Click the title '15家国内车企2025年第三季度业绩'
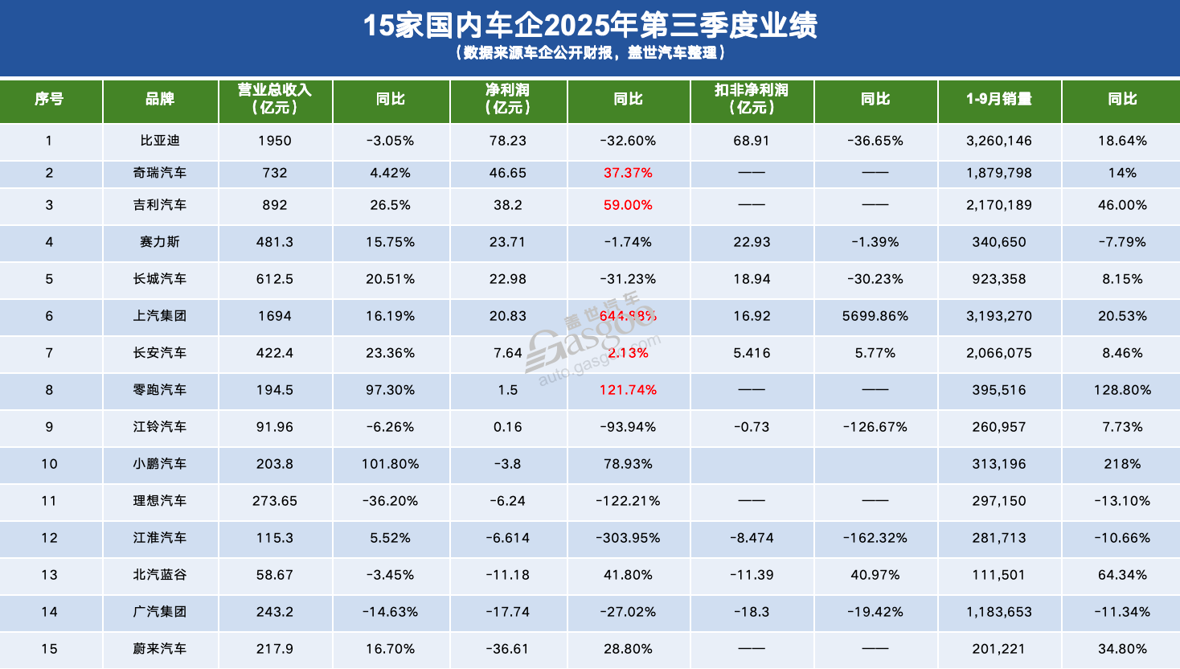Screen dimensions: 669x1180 tap(590, 26)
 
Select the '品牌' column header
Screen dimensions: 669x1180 tap(160, 99)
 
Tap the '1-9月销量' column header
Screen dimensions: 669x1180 tap(999, 99)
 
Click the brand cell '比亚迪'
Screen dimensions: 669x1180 tap(160, 141)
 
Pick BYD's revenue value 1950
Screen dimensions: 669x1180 tap(274, 141)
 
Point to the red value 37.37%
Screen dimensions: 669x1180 tap(628, 173)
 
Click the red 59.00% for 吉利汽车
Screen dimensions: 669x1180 tap(628, 205)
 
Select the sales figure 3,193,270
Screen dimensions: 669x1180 tap(999, 316)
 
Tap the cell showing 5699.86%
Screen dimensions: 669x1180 tap(875, 316)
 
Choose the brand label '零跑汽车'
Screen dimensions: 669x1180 tap(160, 390)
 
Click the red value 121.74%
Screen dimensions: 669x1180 tap(628, 390)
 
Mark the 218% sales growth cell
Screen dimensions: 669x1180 tap(1122, 464)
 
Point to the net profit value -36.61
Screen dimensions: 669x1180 tap(508, 649)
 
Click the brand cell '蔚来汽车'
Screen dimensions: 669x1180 tap(160, 649)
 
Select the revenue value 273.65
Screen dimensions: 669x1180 tap(274, 501)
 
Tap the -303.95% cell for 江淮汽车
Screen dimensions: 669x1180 tap(628, 538)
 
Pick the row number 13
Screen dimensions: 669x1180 tap(49, 575)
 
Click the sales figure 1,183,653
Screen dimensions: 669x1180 tap(999, 612)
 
